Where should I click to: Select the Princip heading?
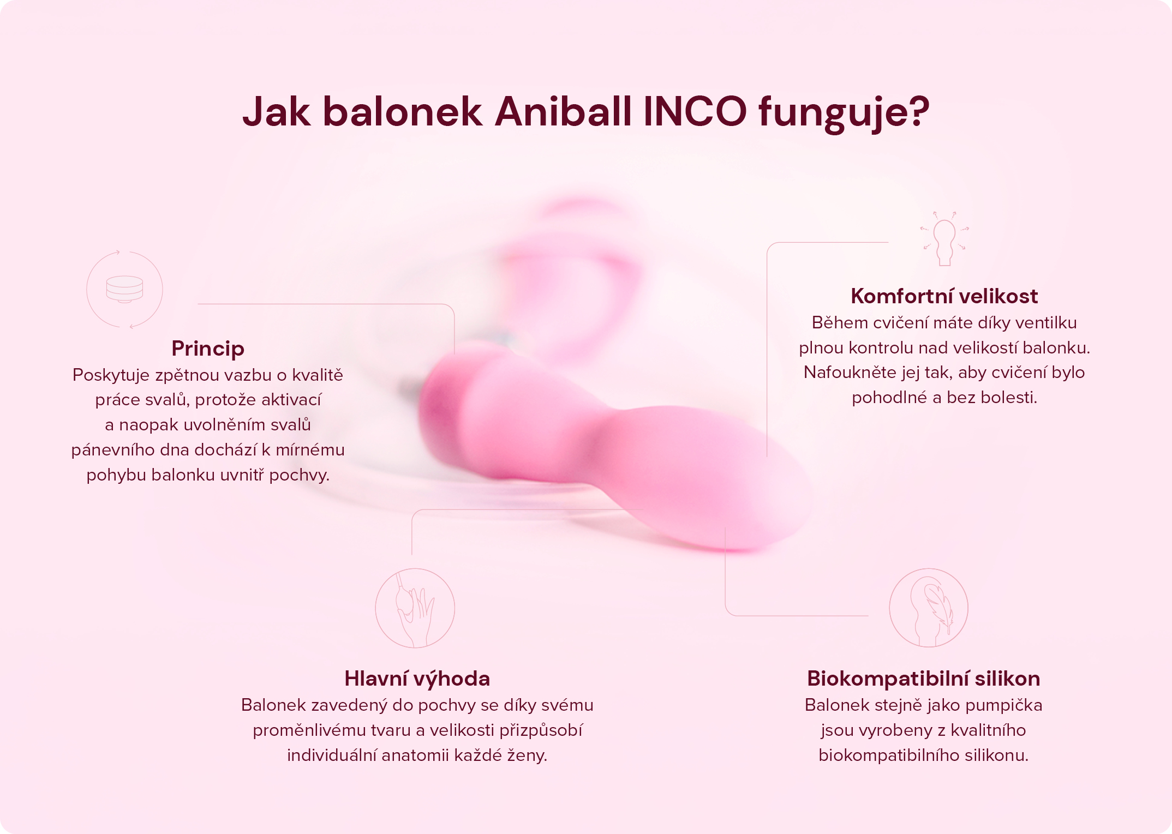pos(208,349)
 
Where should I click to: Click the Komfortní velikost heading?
pos(944,296)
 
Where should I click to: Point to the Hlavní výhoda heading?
pos(417,679)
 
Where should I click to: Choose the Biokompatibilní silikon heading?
pos(923,679)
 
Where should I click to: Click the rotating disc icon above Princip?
pos(124,290)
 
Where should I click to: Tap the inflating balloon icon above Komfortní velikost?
pos(944,240)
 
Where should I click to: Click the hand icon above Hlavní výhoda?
pos(415,608)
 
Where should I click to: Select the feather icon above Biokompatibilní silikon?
pos(929,608)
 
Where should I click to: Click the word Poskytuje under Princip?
pos(111,375)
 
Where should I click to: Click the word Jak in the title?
pos(276,112)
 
